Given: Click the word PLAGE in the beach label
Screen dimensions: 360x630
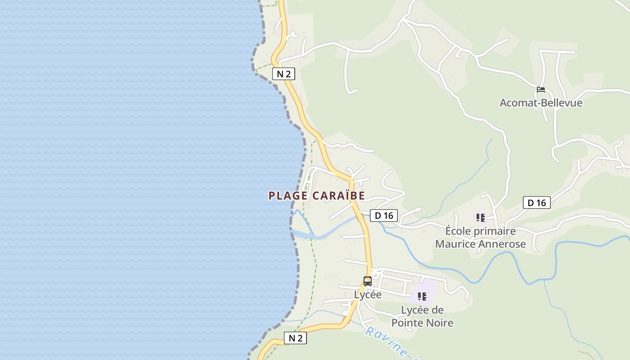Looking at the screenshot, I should click(x=288, y=196).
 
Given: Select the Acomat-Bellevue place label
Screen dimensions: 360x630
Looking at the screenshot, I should click(x=541, y=103).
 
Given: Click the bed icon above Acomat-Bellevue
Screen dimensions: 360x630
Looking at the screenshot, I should click(x=541, y=90).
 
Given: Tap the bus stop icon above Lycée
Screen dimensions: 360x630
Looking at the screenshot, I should click(x=368, y=281).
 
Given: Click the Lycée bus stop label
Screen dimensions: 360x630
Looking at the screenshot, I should click(x=368, y=295).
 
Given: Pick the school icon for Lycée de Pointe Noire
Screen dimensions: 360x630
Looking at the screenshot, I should click(x=422, y=297).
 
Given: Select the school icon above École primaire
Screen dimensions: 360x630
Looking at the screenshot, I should click(x=481, y=218).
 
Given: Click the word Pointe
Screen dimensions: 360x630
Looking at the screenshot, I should click(x=408, y=323).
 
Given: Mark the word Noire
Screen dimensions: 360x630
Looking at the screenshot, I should click(x=440, y=323).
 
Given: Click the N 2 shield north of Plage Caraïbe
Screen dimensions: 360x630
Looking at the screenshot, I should click(x=283, y=74).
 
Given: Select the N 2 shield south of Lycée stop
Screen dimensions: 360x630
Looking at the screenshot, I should click(x=295, y=338).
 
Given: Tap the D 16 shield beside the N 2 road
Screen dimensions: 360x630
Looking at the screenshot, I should click(x=384, y=216).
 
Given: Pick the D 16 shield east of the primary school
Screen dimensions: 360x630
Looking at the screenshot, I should click(x=537, y=203).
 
